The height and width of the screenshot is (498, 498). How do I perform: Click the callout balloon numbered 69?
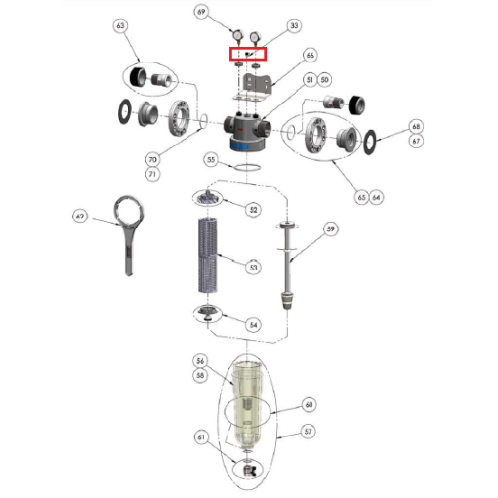coord(201,13)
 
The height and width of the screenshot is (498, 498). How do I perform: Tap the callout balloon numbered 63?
coord(120,25)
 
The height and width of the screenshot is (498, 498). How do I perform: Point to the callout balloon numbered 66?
coord(310,56)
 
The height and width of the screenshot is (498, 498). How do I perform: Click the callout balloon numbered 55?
coord(211,158)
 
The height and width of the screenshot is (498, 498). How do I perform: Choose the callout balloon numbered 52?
coord(254,209)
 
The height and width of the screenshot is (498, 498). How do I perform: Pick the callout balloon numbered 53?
coord(254,266)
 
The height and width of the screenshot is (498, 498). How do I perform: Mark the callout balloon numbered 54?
coord(254,324)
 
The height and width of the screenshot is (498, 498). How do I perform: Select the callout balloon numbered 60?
coord(309,404)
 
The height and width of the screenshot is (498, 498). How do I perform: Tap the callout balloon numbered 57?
coord(309,431)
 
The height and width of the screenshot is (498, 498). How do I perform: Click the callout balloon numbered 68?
coord(417,127)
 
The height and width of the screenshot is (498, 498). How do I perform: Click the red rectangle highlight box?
coord(247,54)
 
